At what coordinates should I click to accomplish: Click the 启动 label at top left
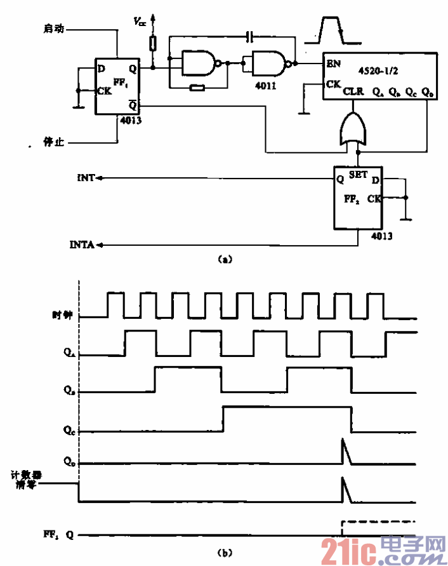click(53, 29)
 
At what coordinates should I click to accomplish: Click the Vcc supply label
click(139, 21)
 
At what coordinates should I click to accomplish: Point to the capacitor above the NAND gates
click(251, 36)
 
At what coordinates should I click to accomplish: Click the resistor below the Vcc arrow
click(152, 43)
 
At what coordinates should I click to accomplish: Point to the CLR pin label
click(353, 92)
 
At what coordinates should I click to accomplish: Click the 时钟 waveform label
click(63, 314)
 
